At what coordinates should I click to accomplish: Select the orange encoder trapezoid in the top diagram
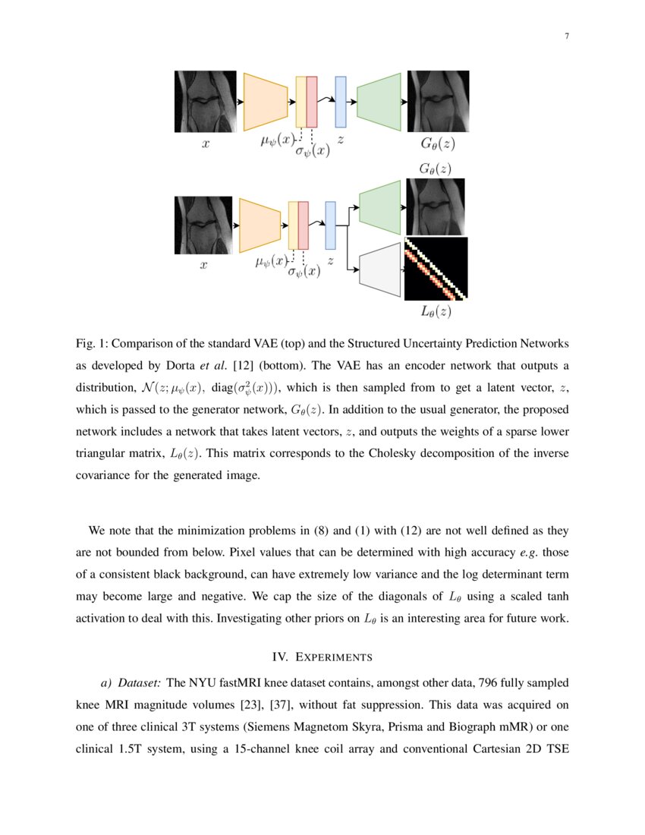coord(265,102)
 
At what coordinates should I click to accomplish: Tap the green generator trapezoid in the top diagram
coord(379,102)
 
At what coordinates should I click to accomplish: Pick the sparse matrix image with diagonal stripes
coord(436,269)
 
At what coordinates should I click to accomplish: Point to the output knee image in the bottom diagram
coord(436,206)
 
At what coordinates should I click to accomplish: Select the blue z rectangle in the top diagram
coord(341,102)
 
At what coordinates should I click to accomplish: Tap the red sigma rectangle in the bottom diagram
coord(304,225)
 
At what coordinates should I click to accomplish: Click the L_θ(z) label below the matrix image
coord(436,310)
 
